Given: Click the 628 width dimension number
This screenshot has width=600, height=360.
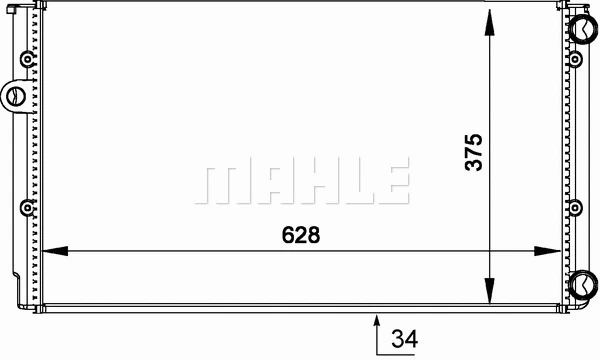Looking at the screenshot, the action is coord(301,235).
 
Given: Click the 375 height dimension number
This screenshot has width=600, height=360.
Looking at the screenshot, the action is coord(474,152).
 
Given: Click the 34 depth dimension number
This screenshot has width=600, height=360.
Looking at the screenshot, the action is coord(404,339).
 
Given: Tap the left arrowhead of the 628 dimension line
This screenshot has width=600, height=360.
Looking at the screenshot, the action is coord(54,251).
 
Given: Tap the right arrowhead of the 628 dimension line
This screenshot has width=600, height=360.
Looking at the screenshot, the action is coord(548,251).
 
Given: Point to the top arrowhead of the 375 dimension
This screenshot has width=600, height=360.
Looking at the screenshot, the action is coord(489,22).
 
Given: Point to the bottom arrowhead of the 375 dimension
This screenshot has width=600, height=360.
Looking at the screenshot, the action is coord(489,291).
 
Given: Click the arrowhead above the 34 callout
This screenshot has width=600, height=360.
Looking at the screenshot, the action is coord(377,321).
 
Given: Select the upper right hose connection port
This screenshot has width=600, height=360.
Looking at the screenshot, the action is coord(584,28).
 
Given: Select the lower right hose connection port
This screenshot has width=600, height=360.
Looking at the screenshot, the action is coord(584,284).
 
